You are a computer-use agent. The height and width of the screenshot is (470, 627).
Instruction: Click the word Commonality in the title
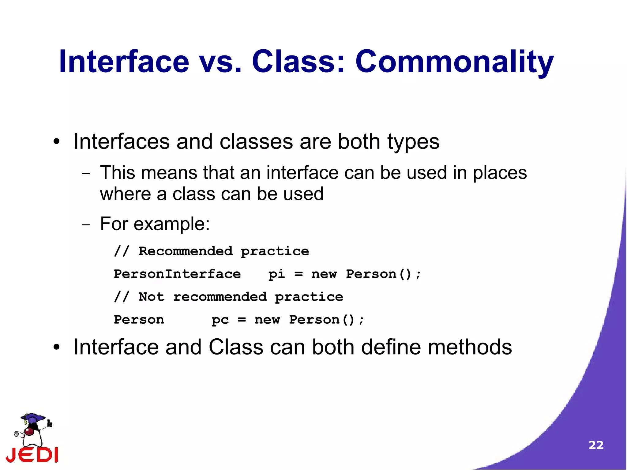click(x=454, y=62)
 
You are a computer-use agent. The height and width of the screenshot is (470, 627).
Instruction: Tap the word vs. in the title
click(x=220, y=62)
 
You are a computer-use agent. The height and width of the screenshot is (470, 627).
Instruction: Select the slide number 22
click(x=596, y=445)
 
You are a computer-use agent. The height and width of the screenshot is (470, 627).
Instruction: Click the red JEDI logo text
click(x=32, y=455)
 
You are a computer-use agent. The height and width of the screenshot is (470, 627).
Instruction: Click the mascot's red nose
click(x=29, y=431)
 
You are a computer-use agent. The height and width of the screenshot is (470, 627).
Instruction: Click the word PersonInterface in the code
click(x=177, y=274)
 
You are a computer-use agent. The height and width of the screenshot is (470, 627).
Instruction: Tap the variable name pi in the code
click(x=276, y=274)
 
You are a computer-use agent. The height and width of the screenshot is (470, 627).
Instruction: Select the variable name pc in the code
click(x=220, y=320)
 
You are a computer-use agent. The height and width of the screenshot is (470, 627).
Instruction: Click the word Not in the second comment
click(x=151, y=297)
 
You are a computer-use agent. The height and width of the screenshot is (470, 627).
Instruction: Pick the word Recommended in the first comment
click(x=186, y=251)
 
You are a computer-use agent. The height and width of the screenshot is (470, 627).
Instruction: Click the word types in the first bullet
click(x=413, y=142)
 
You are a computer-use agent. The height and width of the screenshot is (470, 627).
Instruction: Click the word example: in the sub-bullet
click(x=171, y=224)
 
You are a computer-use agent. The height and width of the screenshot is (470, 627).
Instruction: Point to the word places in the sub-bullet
click(x=500, y=173)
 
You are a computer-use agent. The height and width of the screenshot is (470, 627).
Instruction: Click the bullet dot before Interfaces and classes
click(x=56, y=142)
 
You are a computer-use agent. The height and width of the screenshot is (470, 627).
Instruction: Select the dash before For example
click(x=86, y=225)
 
